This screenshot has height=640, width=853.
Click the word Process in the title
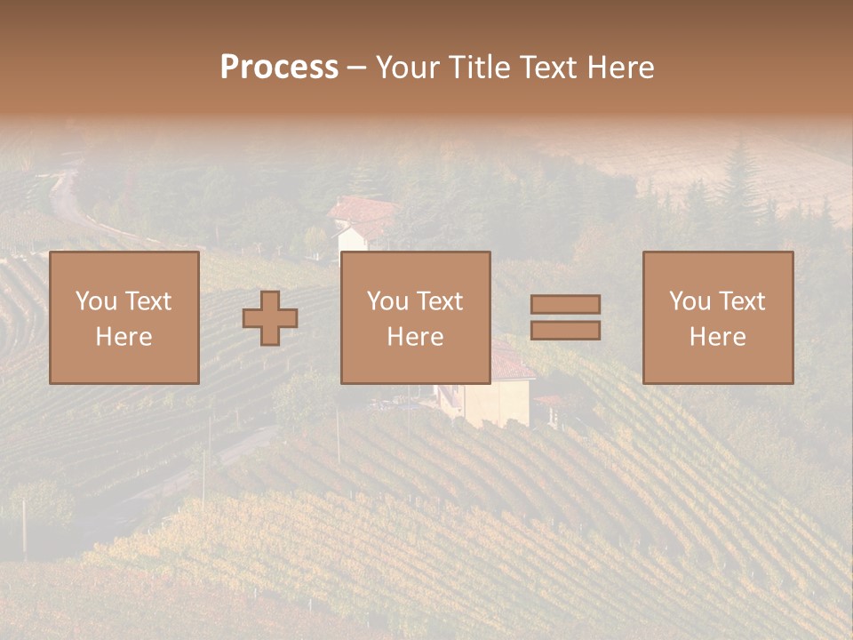[x=279, y=68]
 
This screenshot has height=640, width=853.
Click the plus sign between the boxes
[x=270, y=317]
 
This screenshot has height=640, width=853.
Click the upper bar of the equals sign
[x=565, y=304]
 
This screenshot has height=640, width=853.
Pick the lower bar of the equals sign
[x=565, y=330]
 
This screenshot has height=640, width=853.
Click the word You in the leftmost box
[x=95, y=301]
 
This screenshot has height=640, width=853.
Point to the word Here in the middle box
[x=415, y=337]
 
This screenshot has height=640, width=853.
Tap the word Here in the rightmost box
[x=717, y=337]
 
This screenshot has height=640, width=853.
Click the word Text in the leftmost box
[x=147, y=301]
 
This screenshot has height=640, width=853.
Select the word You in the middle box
[x=387, y=301]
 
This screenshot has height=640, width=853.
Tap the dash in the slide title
[x=356, y=68]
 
